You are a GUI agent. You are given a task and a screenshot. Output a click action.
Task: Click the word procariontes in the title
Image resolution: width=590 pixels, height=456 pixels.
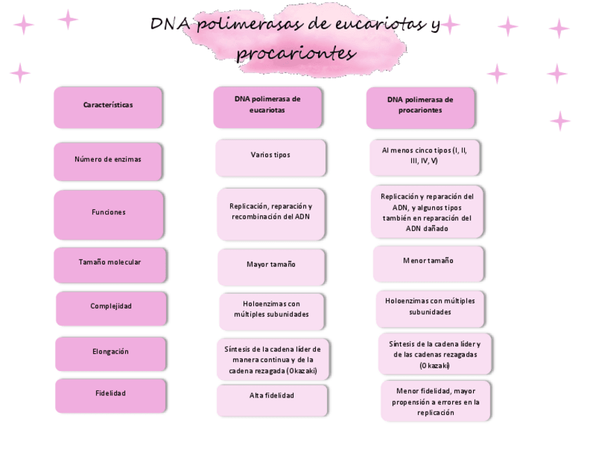tap(296, 53)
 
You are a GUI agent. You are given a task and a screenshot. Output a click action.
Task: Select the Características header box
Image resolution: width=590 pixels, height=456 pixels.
tap(108, 107)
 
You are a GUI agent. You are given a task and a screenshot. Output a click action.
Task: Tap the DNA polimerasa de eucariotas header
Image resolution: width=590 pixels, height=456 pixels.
tap(267, 106)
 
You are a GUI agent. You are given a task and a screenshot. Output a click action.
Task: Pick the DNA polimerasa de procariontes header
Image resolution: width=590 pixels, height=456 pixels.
tap(420, 106)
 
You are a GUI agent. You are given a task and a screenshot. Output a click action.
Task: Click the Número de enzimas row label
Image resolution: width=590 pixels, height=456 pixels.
tap(108, 161)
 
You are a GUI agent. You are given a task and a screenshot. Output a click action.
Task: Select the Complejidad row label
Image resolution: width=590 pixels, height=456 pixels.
tap(111, 308)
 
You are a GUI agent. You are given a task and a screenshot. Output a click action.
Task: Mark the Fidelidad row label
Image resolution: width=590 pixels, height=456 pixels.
tap(111, 395)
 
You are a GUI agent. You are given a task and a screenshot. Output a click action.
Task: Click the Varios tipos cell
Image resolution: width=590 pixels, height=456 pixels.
tap(270, 157)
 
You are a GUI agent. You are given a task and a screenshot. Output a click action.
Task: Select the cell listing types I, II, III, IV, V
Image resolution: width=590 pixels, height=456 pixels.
tap(424, 157)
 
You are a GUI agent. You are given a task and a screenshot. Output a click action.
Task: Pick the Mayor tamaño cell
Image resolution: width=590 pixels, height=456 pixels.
tap(271, 266)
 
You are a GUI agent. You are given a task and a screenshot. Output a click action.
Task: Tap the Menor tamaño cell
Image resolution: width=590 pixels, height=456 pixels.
tap(428, 262)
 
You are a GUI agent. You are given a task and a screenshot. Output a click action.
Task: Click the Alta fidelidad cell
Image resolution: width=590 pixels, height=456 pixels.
tap(271, 399)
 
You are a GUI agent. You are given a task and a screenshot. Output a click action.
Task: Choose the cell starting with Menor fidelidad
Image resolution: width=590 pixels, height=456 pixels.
tap(436, 401)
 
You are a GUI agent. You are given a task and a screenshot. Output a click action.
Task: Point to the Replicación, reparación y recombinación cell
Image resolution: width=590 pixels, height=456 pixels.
tap(271, 213)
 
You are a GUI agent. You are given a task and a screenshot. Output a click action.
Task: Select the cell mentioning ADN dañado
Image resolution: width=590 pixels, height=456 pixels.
tap(426, 212)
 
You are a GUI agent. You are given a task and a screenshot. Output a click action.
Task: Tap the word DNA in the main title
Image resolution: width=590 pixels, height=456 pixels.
tap(171, 24)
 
